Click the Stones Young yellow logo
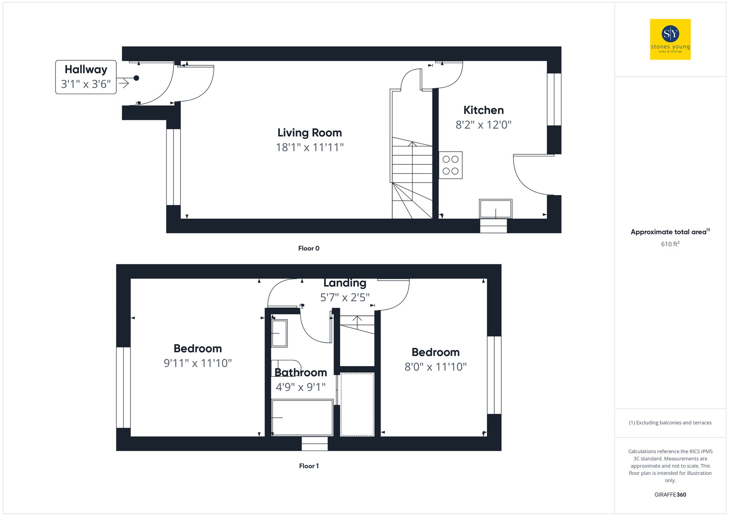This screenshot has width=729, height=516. (670, 39)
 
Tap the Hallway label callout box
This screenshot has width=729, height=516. (86, 77)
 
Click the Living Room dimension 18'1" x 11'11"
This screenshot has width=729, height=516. (309, 147)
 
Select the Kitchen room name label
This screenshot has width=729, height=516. (483, 110)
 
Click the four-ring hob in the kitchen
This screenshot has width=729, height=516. (451, 165)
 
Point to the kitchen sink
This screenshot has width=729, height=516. (495, 209)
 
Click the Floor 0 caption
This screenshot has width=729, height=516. (309, 248)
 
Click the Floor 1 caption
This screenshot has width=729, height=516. (309, 466)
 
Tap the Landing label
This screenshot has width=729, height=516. (345, 283)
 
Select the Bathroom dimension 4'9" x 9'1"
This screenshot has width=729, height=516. (300, 387)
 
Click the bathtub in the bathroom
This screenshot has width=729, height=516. (302, 418)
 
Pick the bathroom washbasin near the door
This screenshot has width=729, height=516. (280, 333)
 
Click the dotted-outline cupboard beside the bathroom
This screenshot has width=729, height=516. (357, 404)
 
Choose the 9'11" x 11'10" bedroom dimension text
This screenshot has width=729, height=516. (198, 363)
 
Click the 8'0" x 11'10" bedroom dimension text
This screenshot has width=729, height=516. (436, 367)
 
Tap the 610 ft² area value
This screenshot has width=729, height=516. (670, 244)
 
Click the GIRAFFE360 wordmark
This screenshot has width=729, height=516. (670, 495)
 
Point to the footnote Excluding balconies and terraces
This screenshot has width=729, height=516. (670, 423)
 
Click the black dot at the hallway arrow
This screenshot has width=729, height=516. (136, 78)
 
